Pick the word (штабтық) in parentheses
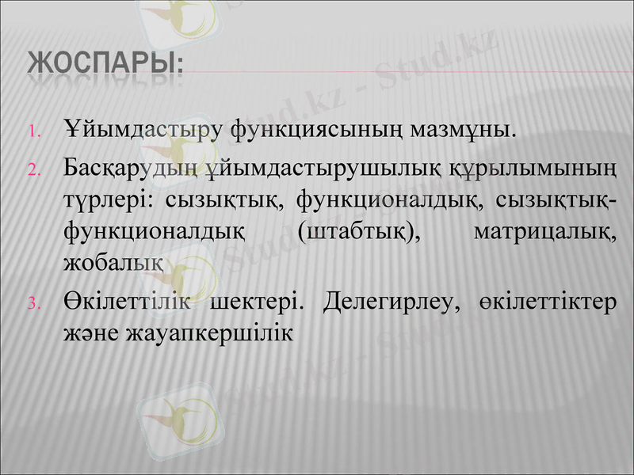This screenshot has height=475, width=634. click(360, 231)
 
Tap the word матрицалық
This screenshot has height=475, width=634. click(542, 231)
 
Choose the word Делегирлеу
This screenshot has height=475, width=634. click(391, 302)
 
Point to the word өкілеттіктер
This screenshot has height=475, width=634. click(546, 302)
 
